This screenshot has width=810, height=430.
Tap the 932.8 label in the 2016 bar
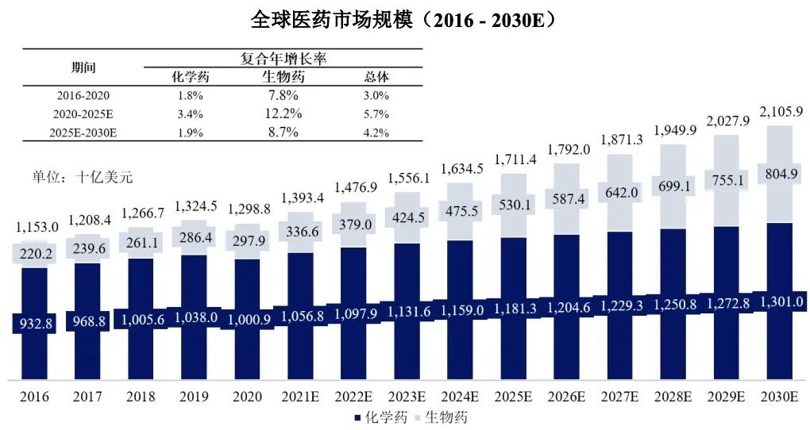34,323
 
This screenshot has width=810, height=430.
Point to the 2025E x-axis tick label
514,397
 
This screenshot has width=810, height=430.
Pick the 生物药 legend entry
445,417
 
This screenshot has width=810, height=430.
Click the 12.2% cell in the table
283,113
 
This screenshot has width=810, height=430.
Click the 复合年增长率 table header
283,59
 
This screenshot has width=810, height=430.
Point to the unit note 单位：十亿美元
76,177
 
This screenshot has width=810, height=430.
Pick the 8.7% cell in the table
283,132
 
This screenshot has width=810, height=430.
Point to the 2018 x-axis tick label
140,397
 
